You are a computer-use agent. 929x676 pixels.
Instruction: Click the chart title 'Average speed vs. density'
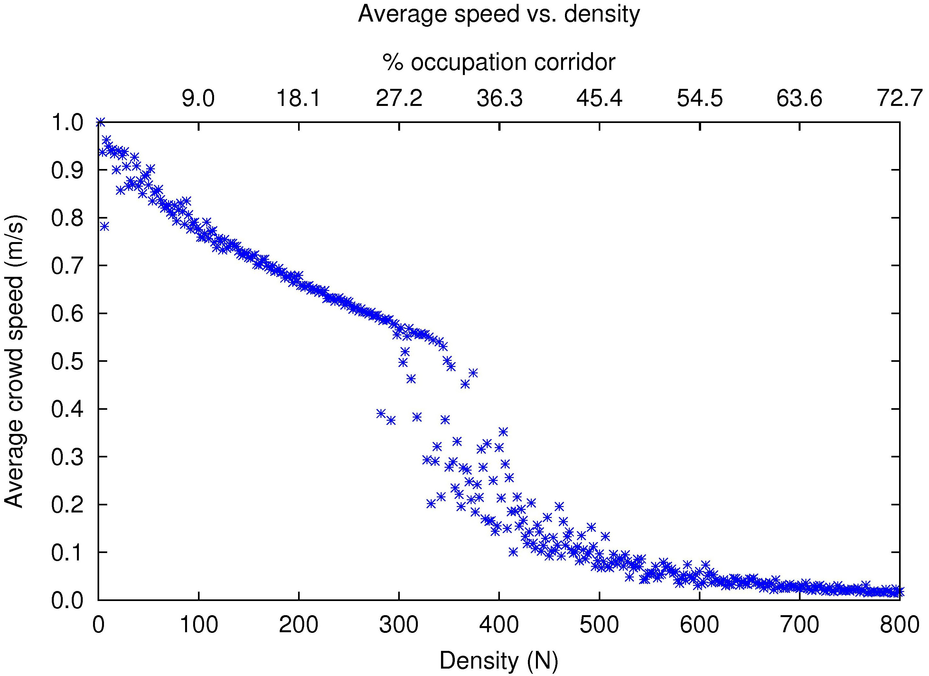click(x=499, y=14)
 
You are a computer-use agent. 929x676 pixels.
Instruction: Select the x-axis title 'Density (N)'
click(x=499, y=661)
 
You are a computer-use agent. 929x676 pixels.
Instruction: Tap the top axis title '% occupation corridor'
click(x=499, y=62)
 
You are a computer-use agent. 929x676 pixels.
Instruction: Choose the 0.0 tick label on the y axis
click(x=67, y=601)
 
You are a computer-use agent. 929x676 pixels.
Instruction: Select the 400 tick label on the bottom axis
click(x=499, y=625)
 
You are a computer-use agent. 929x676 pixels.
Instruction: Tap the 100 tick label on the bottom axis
click(x=199, y=625)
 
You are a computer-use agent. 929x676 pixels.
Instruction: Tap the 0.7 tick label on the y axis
click(x=67, y=266)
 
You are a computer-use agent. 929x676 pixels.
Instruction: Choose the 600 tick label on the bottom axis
click(x=699, y=625)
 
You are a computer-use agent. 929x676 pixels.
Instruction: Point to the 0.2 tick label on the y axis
click(x=67, y=505)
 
